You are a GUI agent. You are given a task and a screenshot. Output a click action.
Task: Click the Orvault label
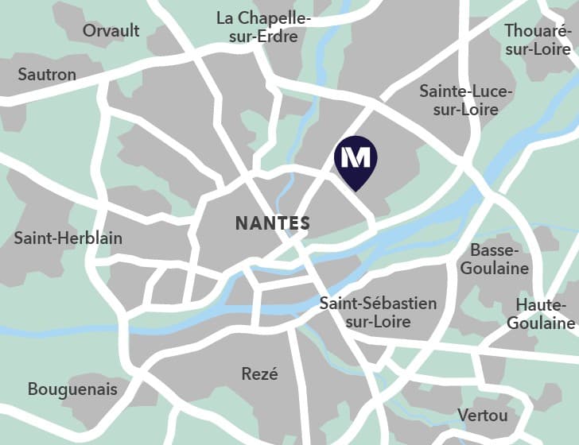(x=111, y=31)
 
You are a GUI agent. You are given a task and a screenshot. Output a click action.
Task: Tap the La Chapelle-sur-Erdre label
(x=263, y=27)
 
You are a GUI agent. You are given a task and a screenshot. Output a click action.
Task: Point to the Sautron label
(x=47, y=75)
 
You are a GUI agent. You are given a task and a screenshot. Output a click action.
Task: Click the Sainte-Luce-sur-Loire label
(x=466, y=100)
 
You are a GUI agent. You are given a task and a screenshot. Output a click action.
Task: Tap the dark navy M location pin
(x=356, y=160)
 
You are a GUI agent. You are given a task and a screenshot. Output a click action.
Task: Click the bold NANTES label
(x=272, y=223)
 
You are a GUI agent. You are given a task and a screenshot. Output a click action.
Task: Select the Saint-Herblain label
(x=68, y=238)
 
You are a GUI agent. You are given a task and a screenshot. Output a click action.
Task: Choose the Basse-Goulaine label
(x=495, y=259)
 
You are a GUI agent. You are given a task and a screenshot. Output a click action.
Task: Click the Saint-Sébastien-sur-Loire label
(x=378, y=312)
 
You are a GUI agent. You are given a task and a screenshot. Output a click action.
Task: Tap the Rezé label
(x=259, y=373)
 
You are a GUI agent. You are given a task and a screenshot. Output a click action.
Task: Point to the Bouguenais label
(x=72, y=389)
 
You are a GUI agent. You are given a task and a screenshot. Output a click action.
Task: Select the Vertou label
(x=483, y=415)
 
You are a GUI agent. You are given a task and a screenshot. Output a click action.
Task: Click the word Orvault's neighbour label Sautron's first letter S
(x=22, y=75)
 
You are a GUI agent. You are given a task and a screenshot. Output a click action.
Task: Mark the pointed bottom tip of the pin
(x=356, y=190)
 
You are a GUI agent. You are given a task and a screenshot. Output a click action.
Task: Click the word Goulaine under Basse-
(x=495, y=268)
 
